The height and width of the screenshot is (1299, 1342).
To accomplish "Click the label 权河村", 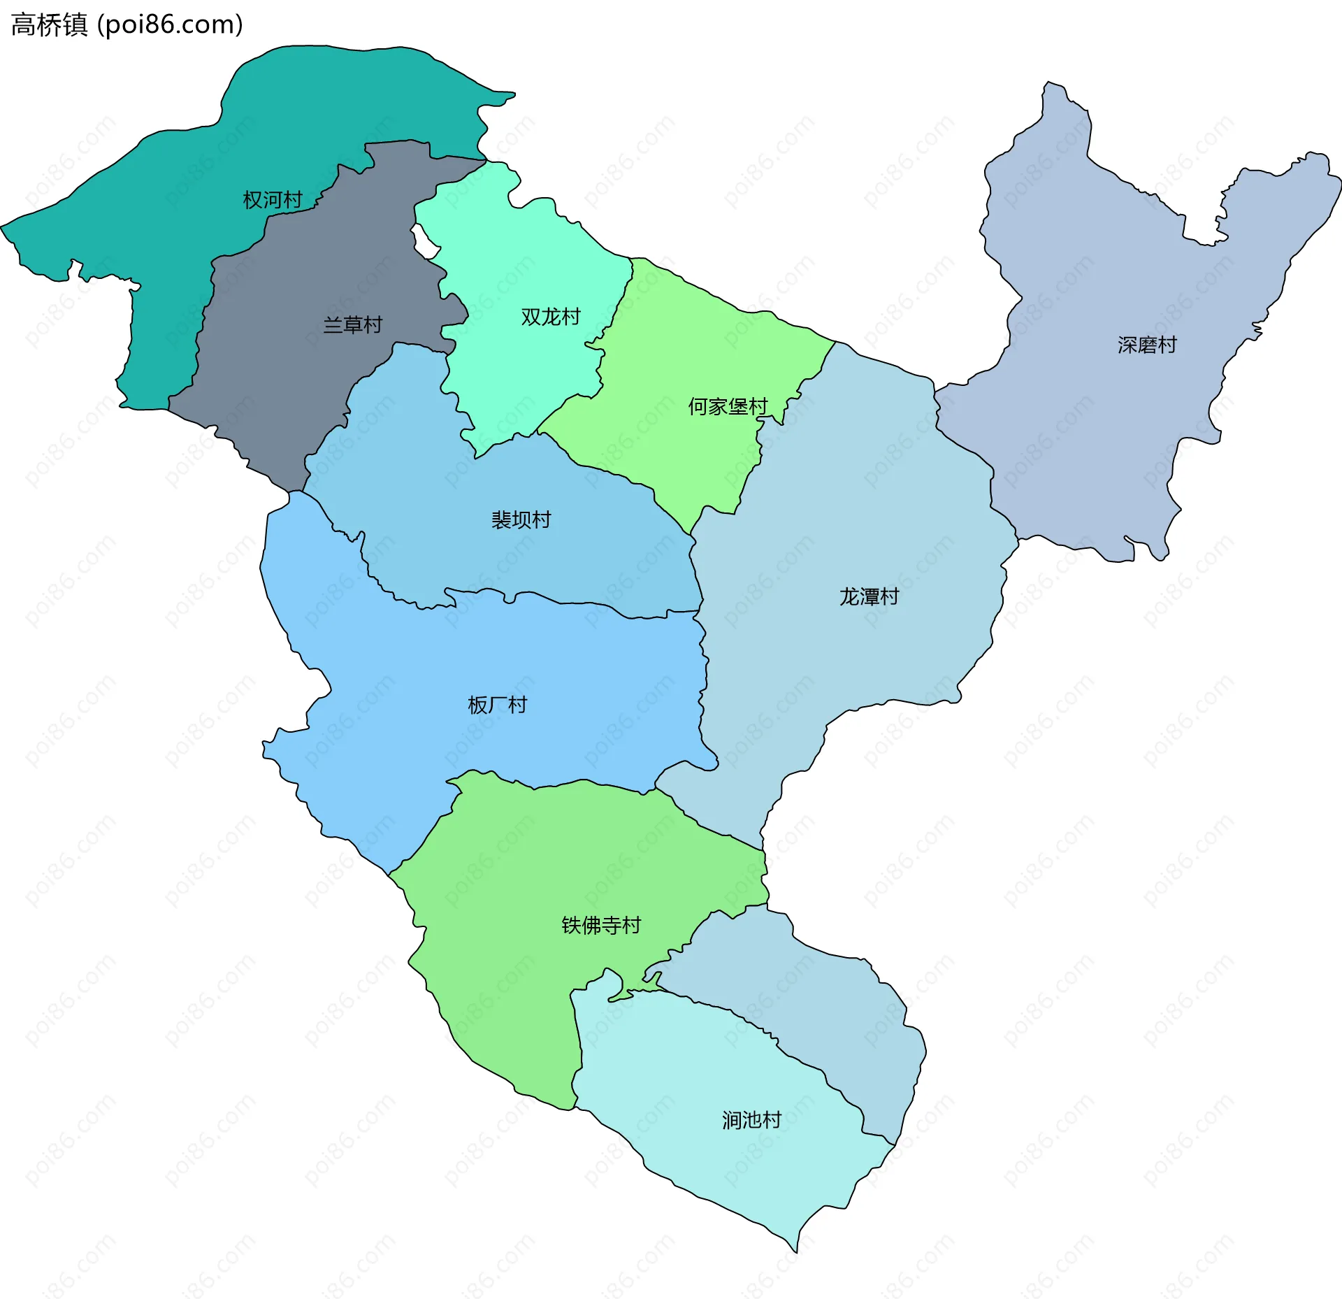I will click(272, 201).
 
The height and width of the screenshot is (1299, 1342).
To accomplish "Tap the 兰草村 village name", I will click(352, 325).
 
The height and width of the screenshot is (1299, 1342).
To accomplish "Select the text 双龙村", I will click(550, 317).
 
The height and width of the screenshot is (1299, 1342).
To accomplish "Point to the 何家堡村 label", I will click(727, 407).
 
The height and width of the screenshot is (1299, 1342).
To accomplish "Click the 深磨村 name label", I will click(1146, 345).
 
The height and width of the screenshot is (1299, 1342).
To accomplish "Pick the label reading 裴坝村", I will click(521, 520).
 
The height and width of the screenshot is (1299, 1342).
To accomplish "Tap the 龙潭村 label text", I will click(868, 597).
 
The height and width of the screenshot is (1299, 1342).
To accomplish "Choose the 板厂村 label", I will click(497, 705).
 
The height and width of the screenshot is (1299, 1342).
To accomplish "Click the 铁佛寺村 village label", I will click(601, 926).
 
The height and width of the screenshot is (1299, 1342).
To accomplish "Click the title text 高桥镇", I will click(49, 25).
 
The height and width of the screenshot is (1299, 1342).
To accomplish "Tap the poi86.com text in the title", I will click(170, 25).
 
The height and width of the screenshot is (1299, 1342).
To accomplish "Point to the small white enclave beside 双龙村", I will click(424, 241).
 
